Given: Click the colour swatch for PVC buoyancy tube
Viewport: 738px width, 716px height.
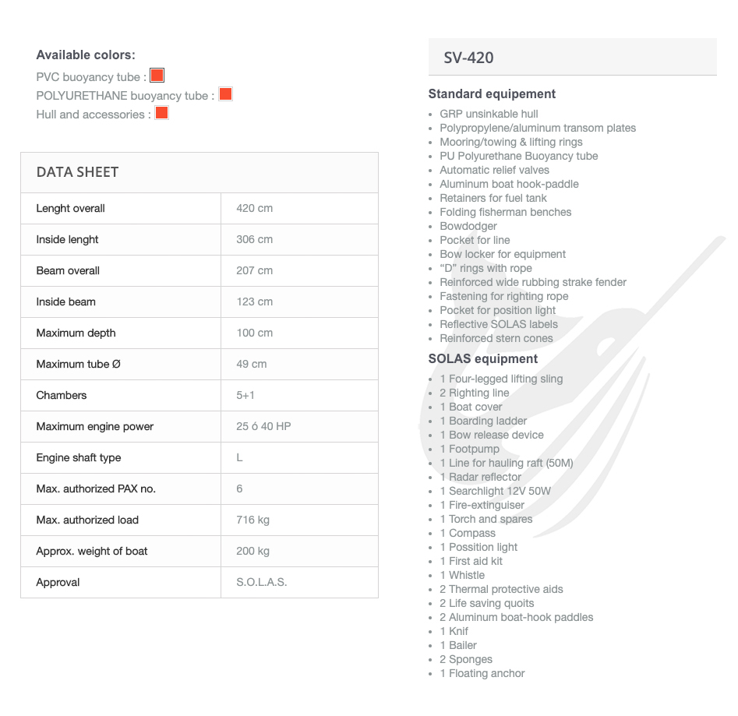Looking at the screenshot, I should (x=157, y=76).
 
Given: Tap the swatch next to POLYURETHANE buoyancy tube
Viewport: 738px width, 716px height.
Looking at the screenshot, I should (x=225, y=94).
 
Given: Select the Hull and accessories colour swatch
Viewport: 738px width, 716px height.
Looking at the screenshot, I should (x=161, y=113).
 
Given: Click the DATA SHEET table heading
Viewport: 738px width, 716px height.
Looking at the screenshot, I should (x=77, y=172).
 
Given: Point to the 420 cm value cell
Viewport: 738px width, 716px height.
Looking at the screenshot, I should (x=254, y=208).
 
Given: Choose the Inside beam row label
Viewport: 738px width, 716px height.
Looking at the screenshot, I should (x=65, y=302).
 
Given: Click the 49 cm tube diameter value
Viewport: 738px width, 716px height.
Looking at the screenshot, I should (x=251, y=364).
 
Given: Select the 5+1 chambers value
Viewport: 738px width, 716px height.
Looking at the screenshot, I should (x=245, y=395).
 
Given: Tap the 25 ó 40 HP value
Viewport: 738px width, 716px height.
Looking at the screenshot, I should (x=263, y=426).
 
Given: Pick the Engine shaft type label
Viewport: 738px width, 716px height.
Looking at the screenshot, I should (x=78, y=457).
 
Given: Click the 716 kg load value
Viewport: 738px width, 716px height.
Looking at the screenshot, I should (x=252, y=520).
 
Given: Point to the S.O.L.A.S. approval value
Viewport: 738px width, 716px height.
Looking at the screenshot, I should (x=261, y=582).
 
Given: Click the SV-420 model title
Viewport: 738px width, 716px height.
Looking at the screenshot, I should (x=468, y=58).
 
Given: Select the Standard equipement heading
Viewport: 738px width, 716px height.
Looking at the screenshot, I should (x=492, y=94).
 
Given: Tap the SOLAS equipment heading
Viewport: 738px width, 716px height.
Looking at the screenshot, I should (x=482, y=359).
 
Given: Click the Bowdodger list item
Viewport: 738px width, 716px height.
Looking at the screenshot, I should (x=468, y=226).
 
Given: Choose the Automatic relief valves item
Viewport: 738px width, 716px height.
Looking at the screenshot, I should (x=494, y=170).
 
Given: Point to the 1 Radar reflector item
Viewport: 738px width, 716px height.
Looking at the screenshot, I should (x=480, y=477).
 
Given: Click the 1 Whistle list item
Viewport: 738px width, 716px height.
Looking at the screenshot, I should (x=461, y=575).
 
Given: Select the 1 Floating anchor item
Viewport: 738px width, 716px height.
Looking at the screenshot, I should (x=482, y=673).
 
